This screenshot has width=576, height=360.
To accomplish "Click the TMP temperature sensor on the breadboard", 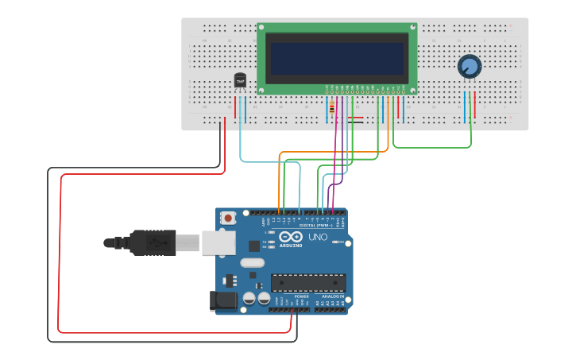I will [240, 81].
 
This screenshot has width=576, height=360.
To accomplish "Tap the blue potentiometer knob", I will [470, 67].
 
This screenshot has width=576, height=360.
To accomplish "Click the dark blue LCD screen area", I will [337, 58].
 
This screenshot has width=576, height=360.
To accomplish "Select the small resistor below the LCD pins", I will [331, 109].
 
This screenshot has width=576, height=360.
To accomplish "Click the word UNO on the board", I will [318, 237].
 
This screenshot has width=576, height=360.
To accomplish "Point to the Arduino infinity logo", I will [290, 237].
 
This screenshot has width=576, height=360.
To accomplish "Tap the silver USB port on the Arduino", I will [218, 242].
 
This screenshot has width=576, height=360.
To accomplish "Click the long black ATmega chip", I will [308, 282].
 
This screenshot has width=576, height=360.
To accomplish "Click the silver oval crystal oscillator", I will [251, 263].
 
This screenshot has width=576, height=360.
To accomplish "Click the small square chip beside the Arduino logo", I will [254, 246].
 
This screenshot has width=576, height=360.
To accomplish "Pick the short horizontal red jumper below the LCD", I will [355, 118].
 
